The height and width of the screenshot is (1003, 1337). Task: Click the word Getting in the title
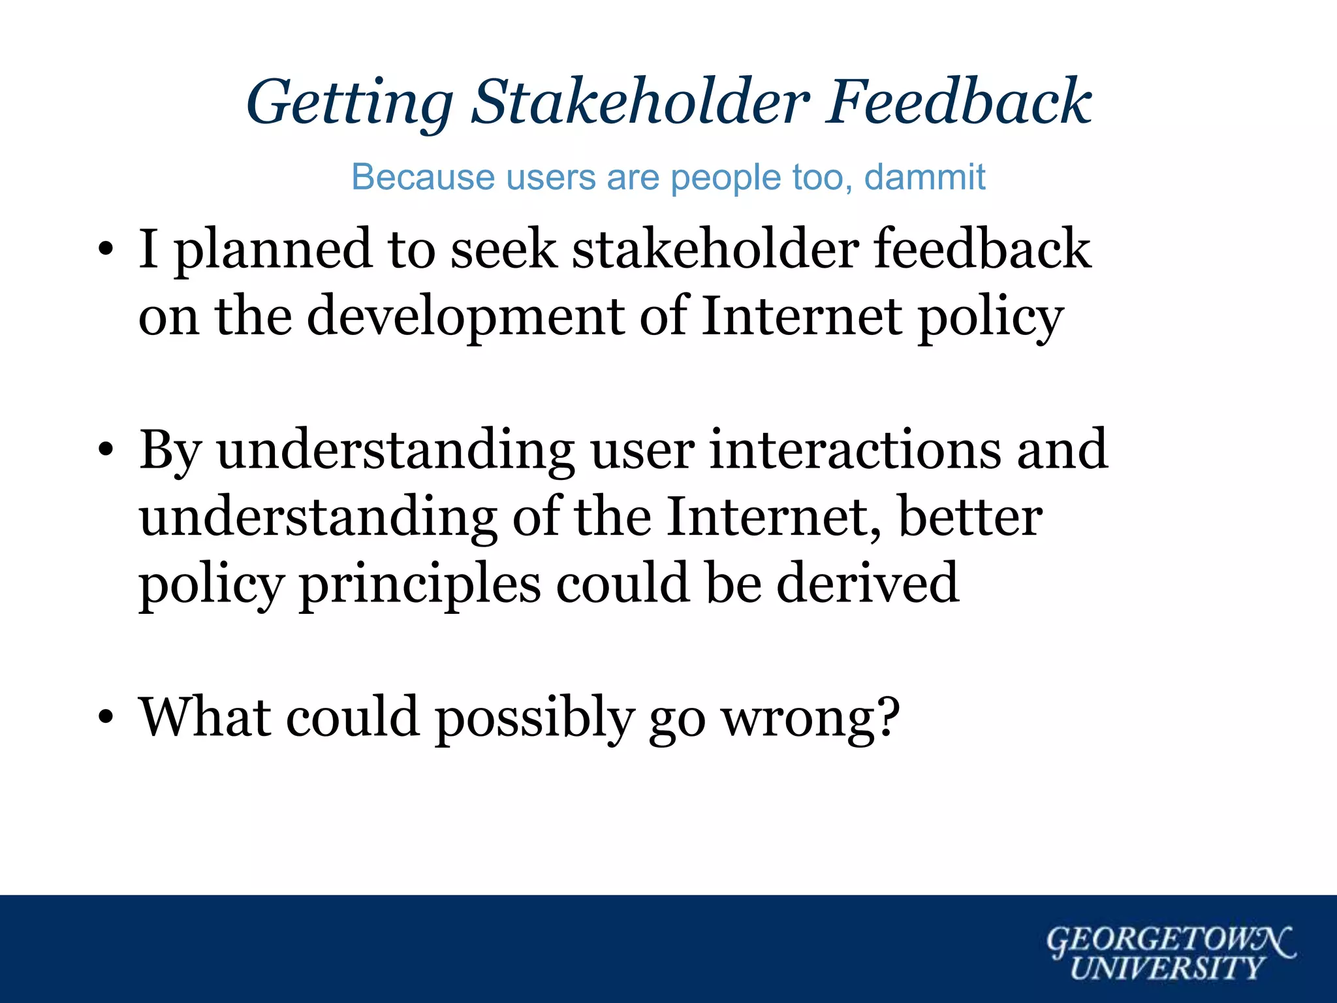[349, 103]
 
